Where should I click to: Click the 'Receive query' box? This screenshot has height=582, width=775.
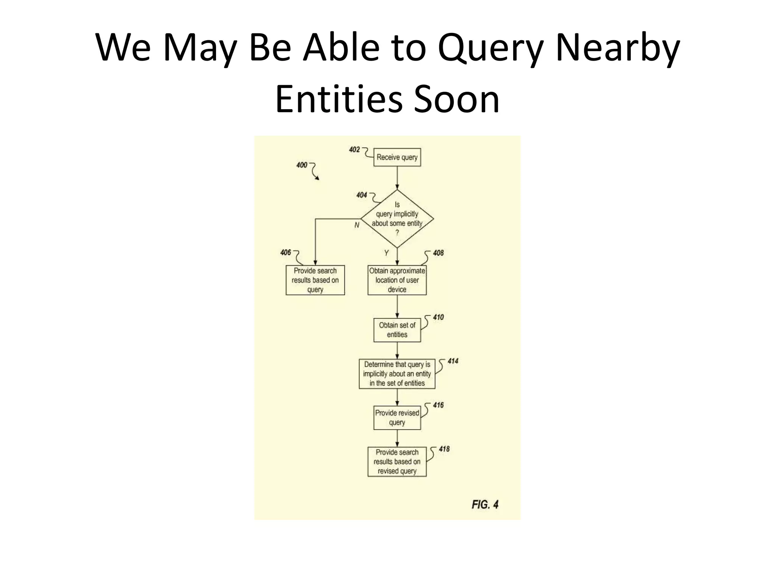[397, 157]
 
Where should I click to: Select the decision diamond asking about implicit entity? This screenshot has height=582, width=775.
[397, 219]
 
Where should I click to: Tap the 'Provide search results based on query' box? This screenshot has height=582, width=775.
[315, 280]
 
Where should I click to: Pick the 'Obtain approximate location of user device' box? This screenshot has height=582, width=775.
[397, 280]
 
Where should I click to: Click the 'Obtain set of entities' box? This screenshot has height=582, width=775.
[397, 330]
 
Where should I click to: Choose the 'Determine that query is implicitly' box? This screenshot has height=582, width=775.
[397, 374]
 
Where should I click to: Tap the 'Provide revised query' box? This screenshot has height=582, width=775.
[397, 418]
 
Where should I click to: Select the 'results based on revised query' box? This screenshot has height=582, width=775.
[397, 462]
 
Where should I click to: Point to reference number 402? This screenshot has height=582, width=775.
[355, 150]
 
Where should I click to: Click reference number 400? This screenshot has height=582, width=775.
[302, 165]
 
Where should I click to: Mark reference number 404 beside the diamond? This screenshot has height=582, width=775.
[362, 195]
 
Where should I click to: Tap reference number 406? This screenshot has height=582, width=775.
[286, 252]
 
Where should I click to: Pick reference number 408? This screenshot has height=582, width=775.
[438, 253]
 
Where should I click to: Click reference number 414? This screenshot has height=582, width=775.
[453, 361]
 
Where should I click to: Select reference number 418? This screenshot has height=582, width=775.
[444, 449]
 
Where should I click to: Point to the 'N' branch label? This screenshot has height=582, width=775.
[357, 225]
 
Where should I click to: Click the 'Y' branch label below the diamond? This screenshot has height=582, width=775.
[386, 253]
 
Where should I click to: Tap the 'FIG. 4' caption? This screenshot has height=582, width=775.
[485, 504]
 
